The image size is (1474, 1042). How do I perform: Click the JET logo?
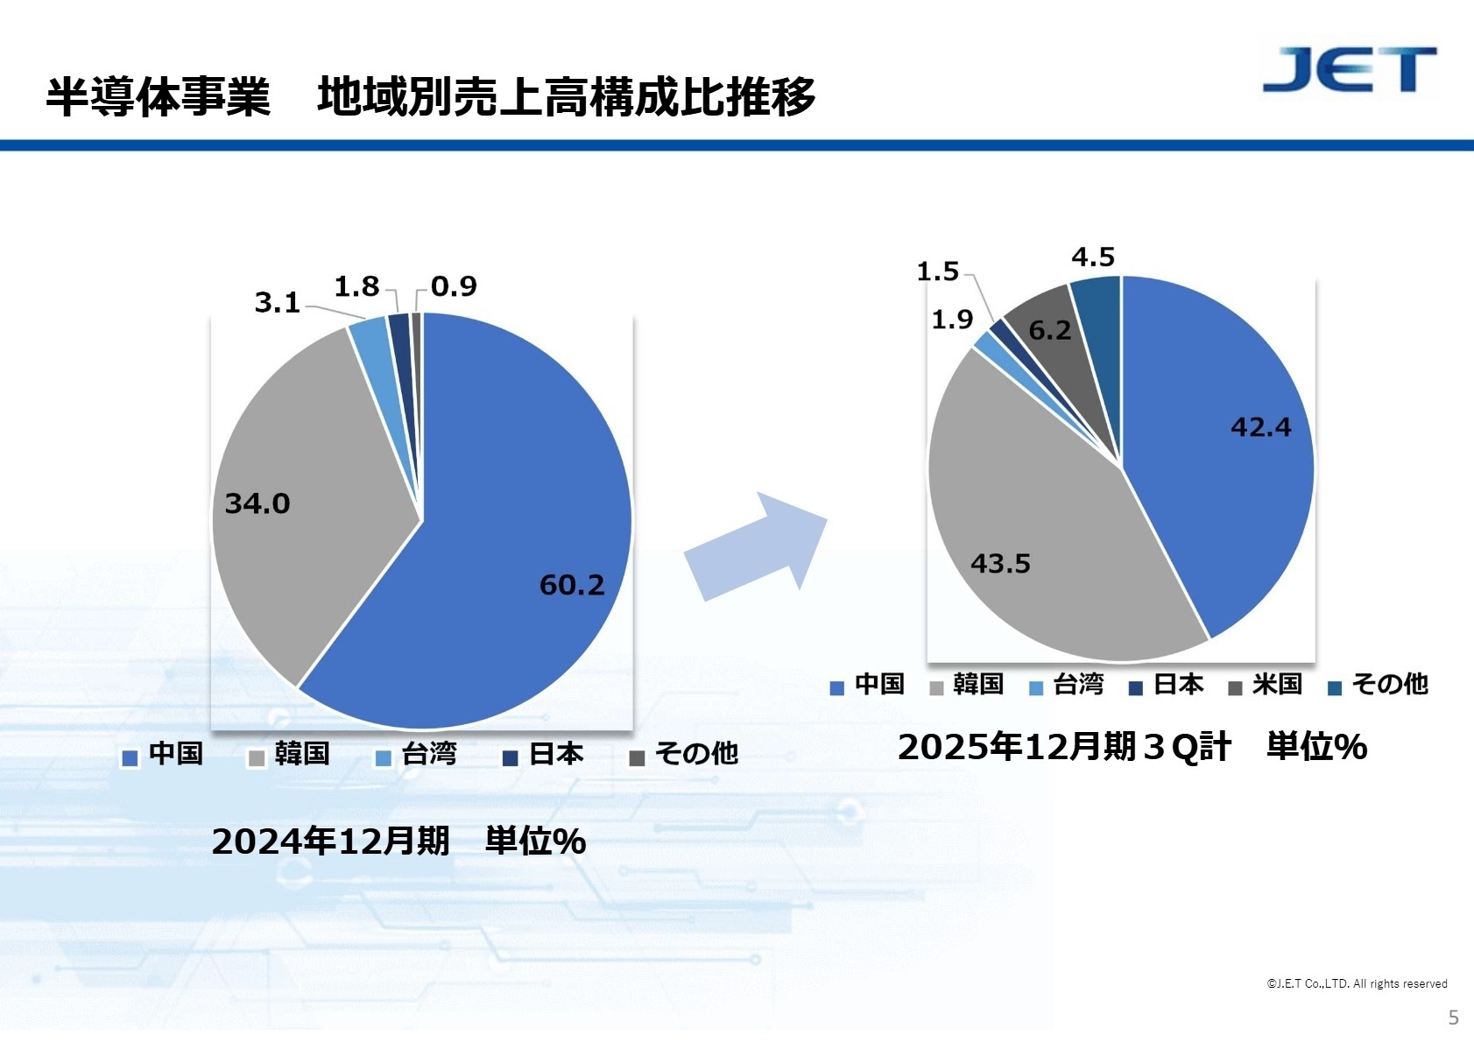(x=1349, y=70)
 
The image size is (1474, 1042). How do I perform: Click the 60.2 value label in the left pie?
(x=572, y=585)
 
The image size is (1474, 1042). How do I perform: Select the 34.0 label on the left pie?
(x=257, y=503)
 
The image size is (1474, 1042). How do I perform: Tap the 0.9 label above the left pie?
(x=454, y=286)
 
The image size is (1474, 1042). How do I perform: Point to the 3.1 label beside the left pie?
(x=277, y=303)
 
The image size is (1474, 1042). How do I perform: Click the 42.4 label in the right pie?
(x=1260, y=427)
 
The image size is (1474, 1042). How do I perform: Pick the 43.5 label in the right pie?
(x=1000, y=564)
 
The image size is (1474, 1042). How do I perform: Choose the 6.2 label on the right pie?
(x=1049, y=330)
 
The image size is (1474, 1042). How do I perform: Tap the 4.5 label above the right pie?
(x=1093, y=257)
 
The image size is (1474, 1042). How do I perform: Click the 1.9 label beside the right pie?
(x=952, y=320)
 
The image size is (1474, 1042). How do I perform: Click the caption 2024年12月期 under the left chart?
(x=330, y=841)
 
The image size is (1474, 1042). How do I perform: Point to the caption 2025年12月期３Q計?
(x=1064, y=747)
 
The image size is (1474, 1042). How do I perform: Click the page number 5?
(x=1454, y=1017)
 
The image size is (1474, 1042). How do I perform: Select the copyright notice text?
(x=1357, y=983)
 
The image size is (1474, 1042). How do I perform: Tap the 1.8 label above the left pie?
(x=356, y=286)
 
